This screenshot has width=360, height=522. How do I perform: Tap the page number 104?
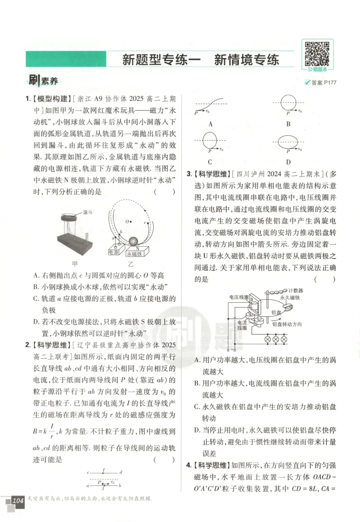click(18, 500)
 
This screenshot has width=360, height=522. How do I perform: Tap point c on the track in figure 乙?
click(145, 223)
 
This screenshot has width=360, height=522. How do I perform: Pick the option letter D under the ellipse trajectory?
click(288, 162)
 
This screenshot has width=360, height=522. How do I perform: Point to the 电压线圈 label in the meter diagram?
click(238, 297)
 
